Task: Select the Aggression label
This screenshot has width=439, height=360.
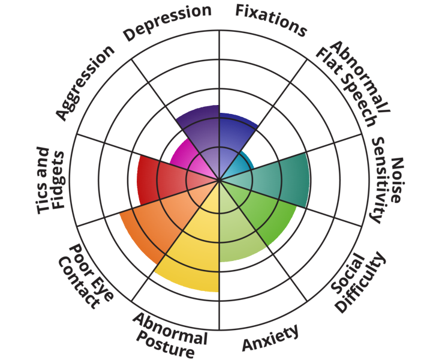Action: point(85,82)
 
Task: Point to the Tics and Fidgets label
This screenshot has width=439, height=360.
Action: point(50,180)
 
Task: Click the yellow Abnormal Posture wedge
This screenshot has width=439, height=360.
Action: point(192,252)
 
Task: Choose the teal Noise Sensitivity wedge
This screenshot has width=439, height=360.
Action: point(282,180)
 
